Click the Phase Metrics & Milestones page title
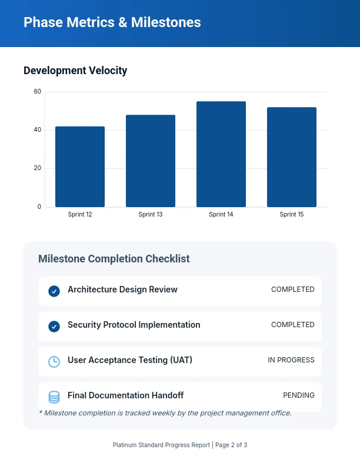pyautogui.click(x=112, y=23)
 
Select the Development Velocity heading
pyautogui.click(x=75, y=71)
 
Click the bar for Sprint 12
pyautogui.click(x=80, y=167)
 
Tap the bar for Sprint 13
pyautogui.click(x=151, y=161)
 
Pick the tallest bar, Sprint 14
pyautogui.click(x=221, y=154)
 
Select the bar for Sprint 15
pyautogui.click(x=292, y=157)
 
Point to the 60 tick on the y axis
pyautogui.click(x=38, y=92)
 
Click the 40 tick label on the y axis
pyautogui.click(x=38, y=130)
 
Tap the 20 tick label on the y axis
pyautogui.click(x=38, y=168)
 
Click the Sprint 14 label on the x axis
pyautogui.click(x=221, y=215)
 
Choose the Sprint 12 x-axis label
pyautogui.click(x=80, y=215)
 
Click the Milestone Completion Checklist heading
pyautogui.click(x=114, y=259)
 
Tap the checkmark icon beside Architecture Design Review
pyautogui.click(x=54, y=291)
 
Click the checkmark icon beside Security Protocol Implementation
pyautogui.click(x=54, y=326)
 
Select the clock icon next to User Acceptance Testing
pyautogui.click(x=54, y=361)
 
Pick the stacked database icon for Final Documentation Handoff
pyautogui.click(x=54, y=397)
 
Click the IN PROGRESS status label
pyautogui.click(x=291, y=360)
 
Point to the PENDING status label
pyautogui.click(x=299, y=395)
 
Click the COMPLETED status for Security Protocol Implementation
pyautogui.click(x=293, y=325)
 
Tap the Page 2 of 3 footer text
pyautogui.click(x=231, y=445)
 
